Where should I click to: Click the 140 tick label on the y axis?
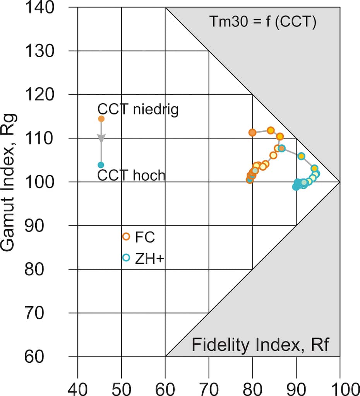coord(39,7)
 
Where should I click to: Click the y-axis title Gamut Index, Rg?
coord(10,182)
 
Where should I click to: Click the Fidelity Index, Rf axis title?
coord(260,345)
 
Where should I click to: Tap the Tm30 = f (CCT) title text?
coord(263,22)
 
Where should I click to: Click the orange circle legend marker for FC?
coord(126,237)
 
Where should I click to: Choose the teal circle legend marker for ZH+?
coord(126,258)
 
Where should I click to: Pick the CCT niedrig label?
coord(138,109)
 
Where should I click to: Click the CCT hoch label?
coord(131,176)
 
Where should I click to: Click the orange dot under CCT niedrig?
coord(101,119)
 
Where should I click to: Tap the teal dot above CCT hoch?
coord(101,165)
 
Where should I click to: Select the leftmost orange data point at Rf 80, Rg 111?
coord(252,133)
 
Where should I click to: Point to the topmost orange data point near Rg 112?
coord(271,130)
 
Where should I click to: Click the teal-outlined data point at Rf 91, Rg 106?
coord(301,156)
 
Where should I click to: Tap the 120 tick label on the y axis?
coord(39,94)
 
